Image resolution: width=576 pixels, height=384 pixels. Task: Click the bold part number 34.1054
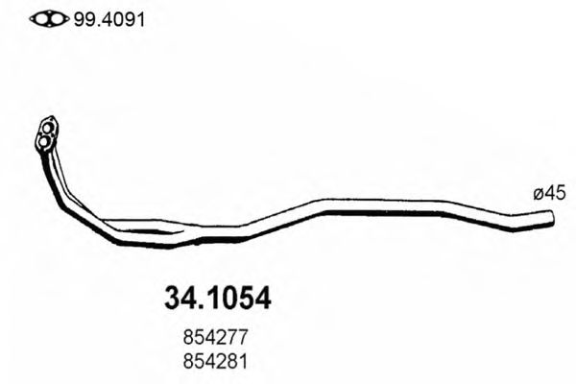pyautogui.click(x=212, y=298)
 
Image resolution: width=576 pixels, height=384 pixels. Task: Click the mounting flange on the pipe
pyautogui.click(x=45, y=134)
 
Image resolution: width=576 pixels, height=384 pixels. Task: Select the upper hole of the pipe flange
pyautogui.click(x=48, y=125)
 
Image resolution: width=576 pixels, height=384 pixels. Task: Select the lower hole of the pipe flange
pyautogui.click(x=42, y=144)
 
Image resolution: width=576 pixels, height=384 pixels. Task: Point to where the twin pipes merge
pyautogui.click(x=192, y=233)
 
